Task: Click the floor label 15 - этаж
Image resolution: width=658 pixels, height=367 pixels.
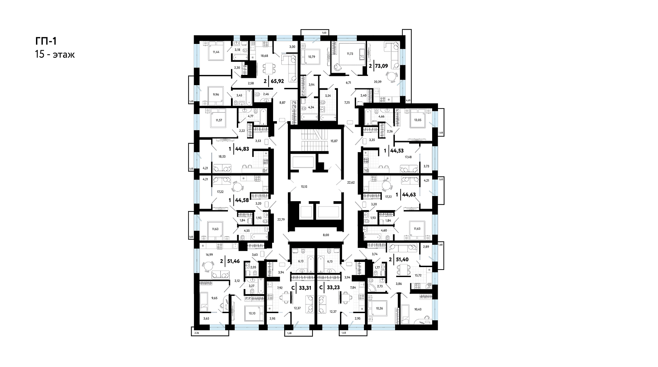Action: pos(54,55)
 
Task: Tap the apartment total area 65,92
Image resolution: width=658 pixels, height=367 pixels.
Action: pos(277,82)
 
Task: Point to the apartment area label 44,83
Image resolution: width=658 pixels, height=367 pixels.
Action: pos(242,149)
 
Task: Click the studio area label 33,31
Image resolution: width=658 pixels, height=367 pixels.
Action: pos(305,288)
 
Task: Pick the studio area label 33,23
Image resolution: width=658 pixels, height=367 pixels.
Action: pos(333,288)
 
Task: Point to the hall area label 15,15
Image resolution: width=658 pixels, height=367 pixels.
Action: pos(304,187)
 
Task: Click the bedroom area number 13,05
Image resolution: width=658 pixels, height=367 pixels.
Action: pos(418,120)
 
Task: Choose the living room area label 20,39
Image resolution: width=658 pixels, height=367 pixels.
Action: pos(378,82)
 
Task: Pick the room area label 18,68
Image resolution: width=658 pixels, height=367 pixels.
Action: pos(264,56)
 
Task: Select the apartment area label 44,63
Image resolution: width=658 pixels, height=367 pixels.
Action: pos(409,195)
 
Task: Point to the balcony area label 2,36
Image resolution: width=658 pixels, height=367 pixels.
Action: pos(197,333)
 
